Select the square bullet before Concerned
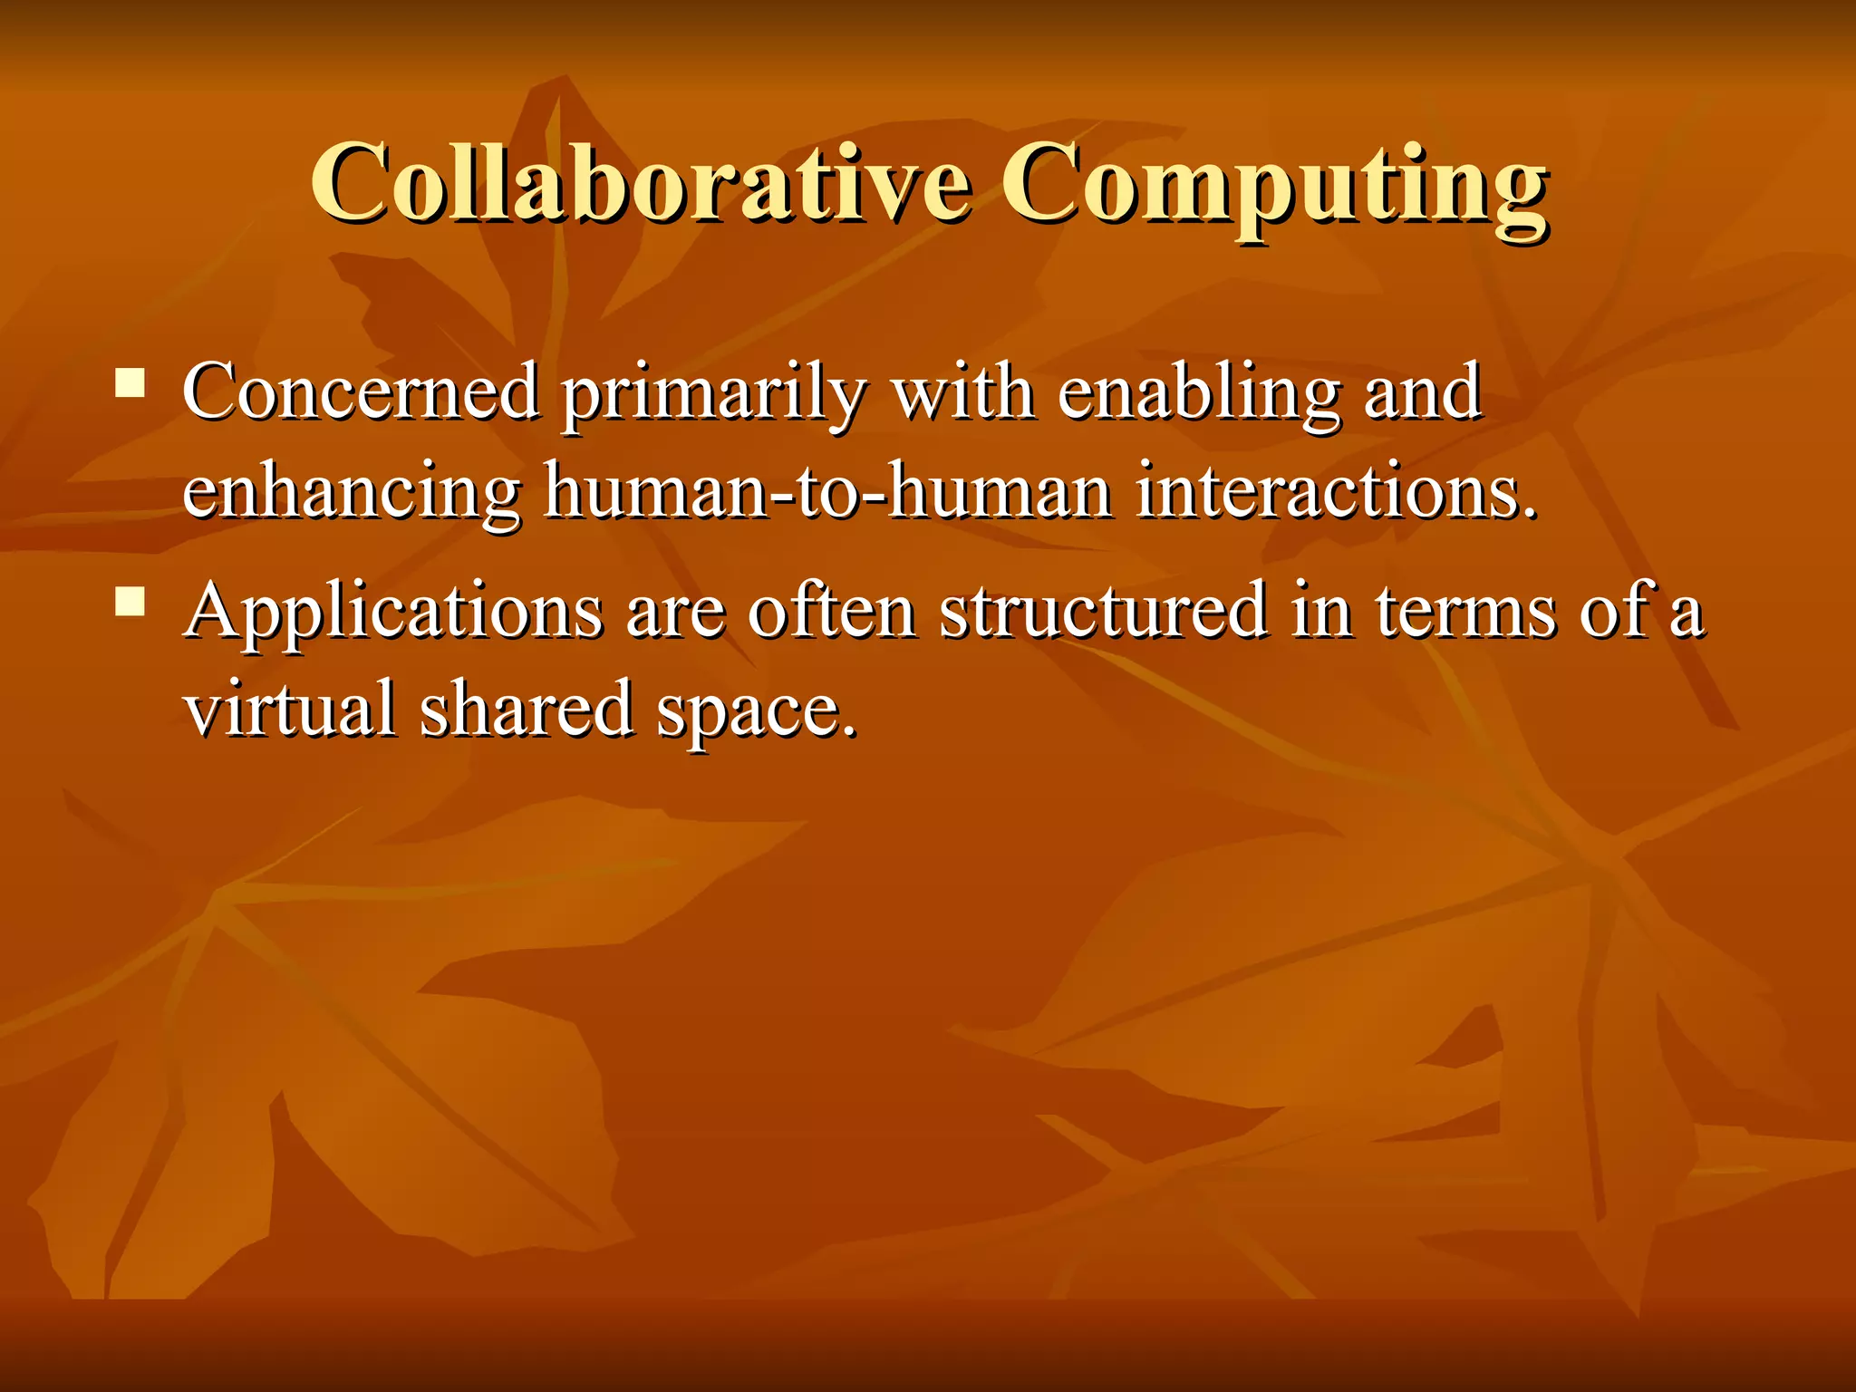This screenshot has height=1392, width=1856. [130, 383]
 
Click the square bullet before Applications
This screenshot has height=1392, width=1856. [130, 602]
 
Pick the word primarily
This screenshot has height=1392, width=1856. [712, 396]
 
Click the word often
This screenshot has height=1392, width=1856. [831, 611]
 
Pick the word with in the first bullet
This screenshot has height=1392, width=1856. [962, 391]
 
